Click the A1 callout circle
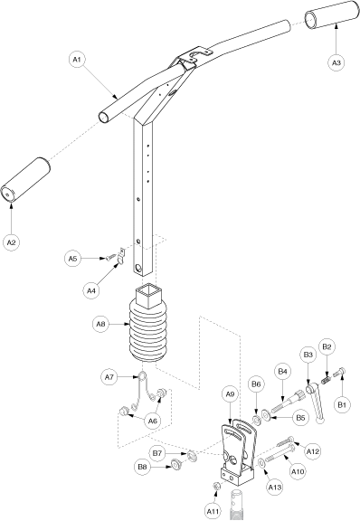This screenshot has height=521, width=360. (77, 60)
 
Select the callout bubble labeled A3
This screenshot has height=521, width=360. (336, 62)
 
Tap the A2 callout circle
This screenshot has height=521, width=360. (11, 242)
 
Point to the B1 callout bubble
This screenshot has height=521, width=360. (342, 404)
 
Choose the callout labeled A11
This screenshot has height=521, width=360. (212, 511)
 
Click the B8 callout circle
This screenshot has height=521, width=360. (142, 467)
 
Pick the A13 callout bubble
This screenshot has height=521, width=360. (275, 488)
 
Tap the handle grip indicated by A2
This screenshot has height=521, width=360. (25, 180)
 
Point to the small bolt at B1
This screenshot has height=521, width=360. (339, 372)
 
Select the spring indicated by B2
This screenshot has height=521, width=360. (327, 378)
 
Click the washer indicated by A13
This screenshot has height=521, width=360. (262, 462)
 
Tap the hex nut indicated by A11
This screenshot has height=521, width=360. (217, 486)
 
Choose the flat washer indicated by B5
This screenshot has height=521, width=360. (267, 414)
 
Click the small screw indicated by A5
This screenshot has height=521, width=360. (111, 258)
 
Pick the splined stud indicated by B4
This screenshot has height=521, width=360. (286, 402)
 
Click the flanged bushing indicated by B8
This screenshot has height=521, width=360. (175, 465)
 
